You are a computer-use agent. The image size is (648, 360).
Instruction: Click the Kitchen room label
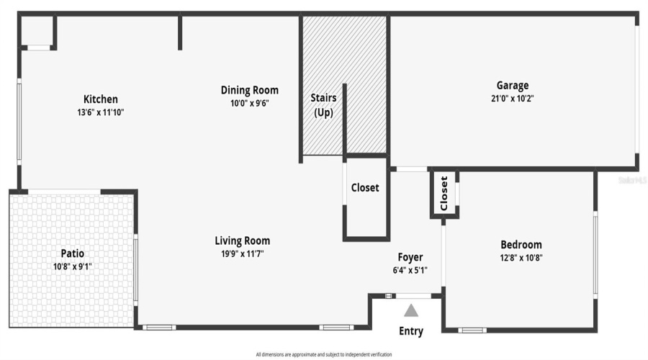(x=100, y=99)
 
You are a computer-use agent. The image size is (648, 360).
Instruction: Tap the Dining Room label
(x=249, y=90)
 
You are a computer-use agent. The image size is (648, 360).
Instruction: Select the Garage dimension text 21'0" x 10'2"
(x=512, y=98)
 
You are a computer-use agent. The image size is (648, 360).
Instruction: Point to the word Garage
(x=512, y=85)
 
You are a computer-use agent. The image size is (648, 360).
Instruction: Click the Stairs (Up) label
(x=323, y=104)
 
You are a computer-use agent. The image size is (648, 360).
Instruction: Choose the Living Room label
(x=242, y=240)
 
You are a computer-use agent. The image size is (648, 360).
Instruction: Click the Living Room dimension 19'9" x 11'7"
(x=242, y=253)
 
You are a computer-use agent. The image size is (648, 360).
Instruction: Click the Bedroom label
(x=521, y=245)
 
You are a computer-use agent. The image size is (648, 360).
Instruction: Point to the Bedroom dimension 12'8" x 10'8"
(x=521, y=258)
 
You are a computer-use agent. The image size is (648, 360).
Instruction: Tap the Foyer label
(x=410, y=257)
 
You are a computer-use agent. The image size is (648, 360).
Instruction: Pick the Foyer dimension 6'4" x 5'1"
(x=410, y=271)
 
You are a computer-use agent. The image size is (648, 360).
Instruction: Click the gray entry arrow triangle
(x=410, y=311)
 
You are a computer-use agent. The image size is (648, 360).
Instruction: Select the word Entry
(x=410, y=331)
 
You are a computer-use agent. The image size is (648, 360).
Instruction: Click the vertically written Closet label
(x=444, y=193)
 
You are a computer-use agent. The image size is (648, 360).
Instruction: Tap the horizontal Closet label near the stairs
(x=365, y=188)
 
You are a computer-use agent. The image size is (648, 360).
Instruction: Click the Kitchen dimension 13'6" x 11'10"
(x=100, y=112)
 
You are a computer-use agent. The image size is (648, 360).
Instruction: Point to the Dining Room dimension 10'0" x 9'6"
(x=249, y=103)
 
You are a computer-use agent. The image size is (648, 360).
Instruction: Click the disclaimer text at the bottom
(x=323, y=354)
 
